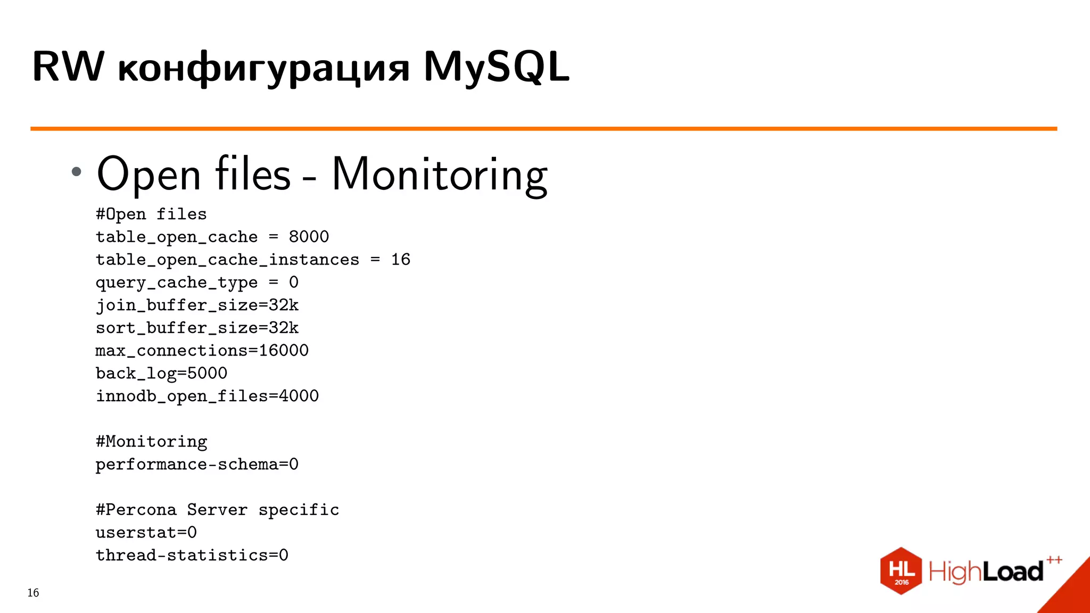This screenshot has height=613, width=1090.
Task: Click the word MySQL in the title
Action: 496,67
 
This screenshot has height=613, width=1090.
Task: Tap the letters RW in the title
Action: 68,67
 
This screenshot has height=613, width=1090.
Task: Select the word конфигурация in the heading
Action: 263,69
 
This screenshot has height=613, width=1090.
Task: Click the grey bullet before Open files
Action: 77,171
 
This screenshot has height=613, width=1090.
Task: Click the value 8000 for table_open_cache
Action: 309,237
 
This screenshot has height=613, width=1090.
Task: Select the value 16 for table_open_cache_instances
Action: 400,260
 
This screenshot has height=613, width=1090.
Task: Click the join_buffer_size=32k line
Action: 197,305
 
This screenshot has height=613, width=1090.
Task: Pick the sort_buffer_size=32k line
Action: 197,328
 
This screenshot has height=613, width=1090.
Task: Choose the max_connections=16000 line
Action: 202,351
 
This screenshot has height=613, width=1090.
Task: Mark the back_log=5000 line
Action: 161,374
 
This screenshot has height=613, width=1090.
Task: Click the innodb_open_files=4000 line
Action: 207,396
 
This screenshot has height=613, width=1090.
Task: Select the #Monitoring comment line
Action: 151,442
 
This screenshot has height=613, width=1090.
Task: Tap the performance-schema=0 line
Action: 197,465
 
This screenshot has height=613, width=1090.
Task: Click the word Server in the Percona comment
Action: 217,510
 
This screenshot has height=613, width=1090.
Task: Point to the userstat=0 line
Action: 146,533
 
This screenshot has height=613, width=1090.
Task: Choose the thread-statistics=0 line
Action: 192,556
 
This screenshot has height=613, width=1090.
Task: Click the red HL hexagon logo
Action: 901,570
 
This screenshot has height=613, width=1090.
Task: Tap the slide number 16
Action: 33,593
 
